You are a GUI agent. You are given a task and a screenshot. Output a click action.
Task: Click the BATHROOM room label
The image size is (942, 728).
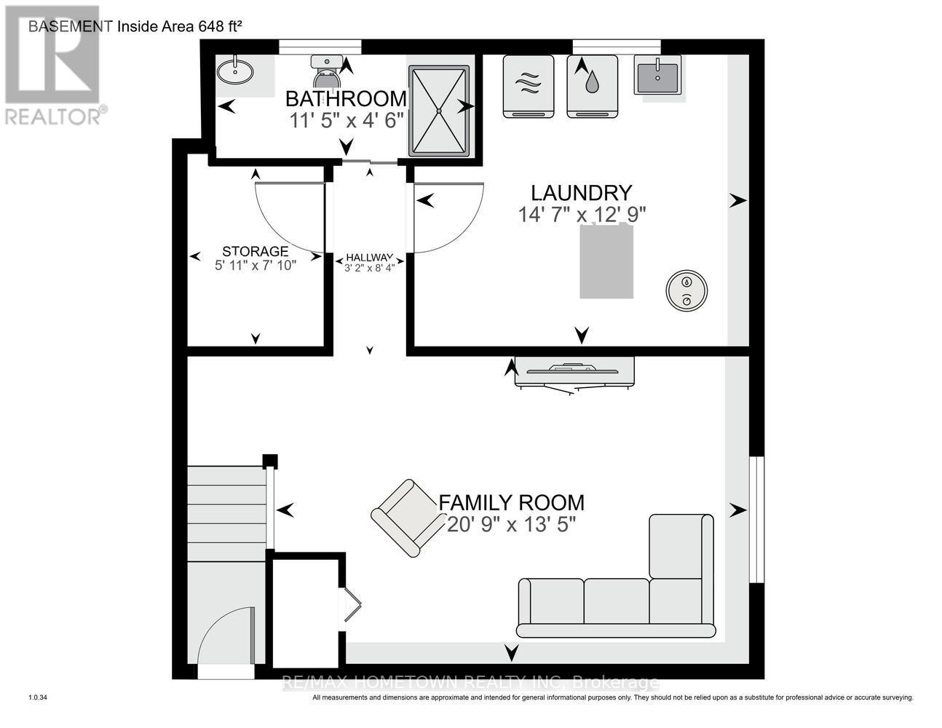tap(346, 99)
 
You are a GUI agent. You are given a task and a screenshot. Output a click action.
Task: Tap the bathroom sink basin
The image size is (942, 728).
tap(235, 71)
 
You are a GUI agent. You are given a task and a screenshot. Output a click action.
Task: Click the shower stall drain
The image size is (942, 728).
tap(439, 111)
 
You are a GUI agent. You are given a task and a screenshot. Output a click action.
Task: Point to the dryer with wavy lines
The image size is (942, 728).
tap(529, 87)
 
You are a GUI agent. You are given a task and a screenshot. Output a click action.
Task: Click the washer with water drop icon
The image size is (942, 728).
tap(592, 87)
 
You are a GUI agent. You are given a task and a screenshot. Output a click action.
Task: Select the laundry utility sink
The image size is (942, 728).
tap(657, 74)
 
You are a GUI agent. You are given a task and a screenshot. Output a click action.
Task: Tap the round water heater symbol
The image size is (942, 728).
tap(686, 290)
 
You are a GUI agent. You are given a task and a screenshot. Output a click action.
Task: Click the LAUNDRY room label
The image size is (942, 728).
tap(582, 193)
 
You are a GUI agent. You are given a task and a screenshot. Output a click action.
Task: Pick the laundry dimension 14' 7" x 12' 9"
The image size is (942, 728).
tap(582, 215)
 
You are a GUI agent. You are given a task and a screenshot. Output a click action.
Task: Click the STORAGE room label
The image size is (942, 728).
tap(256, 251)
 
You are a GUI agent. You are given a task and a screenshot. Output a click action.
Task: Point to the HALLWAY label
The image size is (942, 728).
tap(370, 258)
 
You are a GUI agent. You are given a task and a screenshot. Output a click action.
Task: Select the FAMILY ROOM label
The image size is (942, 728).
tap(512, 503)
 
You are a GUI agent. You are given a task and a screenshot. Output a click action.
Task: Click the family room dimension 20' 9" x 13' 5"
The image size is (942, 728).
tap(512, 525)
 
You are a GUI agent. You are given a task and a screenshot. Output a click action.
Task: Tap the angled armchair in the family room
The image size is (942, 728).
tap(409, 518)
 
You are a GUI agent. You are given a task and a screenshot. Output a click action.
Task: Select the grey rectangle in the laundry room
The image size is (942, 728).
tap(606, 261)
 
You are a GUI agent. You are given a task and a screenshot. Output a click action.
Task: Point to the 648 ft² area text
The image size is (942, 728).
tap(220, 26)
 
